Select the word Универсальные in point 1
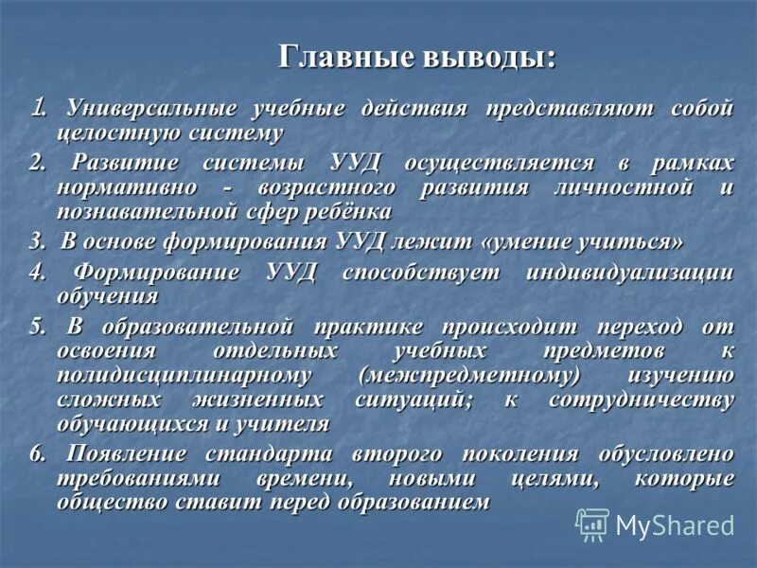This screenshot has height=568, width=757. pos(150,109)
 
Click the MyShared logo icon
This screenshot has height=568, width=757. pos(592,524)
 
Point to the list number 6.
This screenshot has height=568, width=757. pos(36,453)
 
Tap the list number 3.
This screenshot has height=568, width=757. pos(36,242)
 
